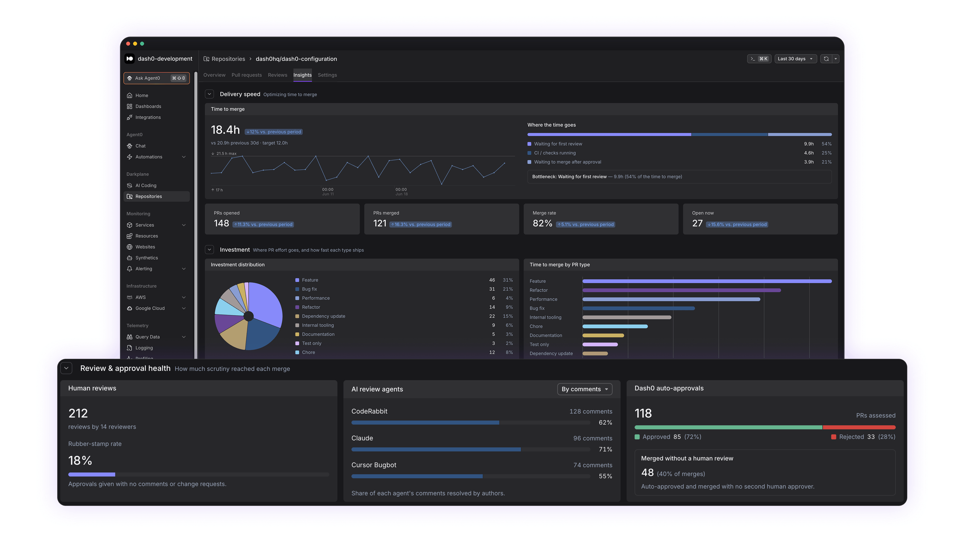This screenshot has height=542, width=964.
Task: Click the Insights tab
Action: click(302, 75)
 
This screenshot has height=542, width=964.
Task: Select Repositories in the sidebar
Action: click(149, 196)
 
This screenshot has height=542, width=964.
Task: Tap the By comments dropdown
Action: click(584, 389)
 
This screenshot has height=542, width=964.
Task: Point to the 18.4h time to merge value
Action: click(225, 130)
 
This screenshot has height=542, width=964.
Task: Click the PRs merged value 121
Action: click(380, 223)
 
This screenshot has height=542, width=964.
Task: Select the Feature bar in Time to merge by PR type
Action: click(707, 281)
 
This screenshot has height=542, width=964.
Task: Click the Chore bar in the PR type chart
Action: click(615, 326)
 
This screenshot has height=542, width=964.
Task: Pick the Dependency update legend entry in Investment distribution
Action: click(323, 316)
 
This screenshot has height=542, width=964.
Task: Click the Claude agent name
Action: click(362, 438)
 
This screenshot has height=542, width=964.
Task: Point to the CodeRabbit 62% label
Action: click(605, 422)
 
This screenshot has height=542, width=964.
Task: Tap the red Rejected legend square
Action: click(833, 437)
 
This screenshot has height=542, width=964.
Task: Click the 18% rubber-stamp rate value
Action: click(80, 460)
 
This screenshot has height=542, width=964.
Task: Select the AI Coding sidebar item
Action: click(146, 185)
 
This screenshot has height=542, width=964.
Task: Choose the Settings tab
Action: click(327, 75)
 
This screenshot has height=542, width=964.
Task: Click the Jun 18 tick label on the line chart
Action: click(402, 194)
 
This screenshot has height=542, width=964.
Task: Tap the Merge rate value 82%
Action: click(542, 223)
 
